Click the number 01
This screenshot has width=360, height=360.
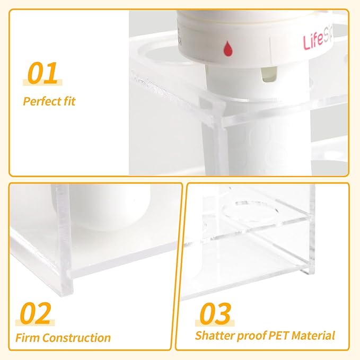pos(42,74)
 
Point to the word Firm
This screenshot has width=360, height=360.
pos(27,338)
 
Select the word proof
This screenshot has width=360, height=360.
pos(248,336)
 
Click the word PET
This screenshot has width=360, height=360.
pos(275,336)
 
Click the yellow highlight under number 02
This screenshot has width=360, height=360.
pos(35,321)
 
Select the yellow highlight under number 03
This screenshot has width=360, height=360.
pos(215,321)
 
